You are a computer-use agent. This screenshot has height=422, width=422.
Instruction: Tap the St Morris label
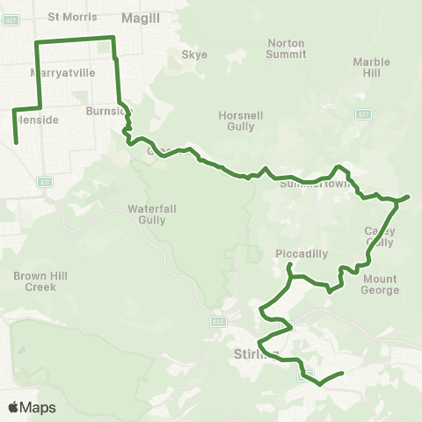coord(67,16)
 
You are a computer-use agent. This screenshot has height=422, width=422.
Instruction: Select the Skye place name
coord(194,55)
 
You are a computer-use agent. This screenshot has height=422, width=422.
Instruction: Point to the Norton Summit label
coord(286,47)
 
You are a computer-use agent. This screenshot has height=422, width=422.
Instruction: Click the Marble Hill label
coord(370,68)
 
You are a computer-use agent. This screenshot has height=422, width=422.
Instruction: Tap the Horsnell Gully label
coord(235,120)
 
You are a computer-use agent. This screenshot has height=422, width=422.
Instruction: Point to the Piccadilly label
coord(302,253)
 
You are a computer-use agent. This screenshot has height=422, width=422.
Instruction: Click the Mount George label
coord(381,284)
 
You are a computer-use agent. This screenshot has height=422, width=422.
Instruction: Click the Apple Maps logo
coord(32,407)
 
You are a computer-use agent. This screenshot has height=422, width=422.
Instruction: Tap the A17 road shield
coord(41,181)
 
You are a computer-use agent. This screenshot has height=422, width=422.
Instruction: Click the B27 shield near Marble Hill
coord(363,114)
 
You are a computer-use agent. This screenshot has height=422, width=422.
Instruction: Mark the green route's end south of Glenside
coord(17,141)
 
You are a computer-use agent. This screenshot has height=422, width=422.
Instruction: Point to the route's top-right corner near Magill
coord(113,37)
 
